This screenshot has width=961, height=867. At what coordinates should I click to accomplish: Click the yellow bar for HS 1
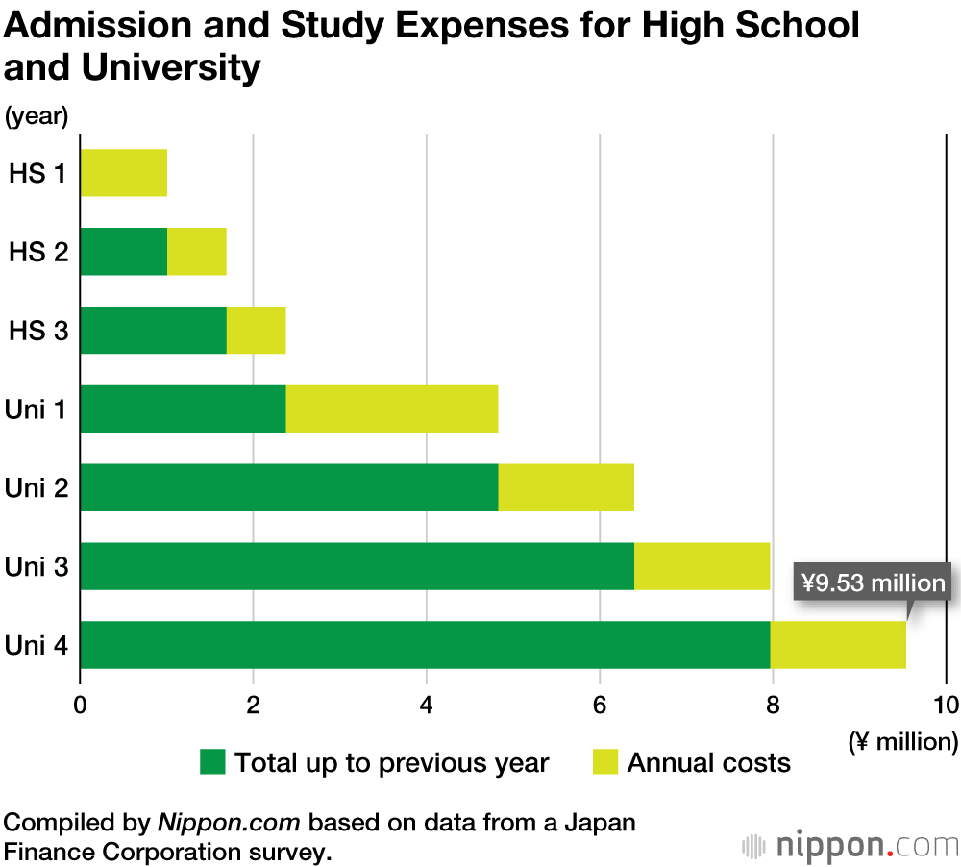point(123,173)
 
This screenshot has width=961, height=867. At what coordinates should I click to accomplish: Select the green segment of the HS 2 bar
point(123,252)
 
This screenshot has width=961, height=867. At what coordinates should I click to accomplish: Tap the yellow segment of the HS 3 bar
point(256,331)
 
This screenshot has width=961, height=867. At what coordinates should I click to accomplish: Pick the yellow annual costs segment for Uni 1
point(391,409)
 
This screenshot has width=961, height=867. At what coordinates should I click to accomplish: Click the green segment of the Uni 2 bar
point(288,488)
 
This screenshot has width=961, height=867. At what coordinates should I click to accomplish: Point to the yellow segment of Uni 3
point(702,567)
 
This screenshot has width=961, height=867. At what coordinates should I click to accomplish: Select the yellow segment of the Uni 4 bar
point(837,645)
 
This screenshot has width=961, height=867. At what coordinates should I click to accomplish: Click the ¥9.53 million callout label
point(873,582)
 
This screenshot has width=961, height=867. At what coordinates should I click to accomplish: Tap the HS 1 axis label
point(38,174)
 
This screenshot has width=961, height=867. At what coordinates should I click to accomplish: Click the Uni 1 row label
point(37,409)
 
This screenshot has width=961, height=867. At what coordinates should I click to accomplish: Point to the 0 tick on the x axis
point(80,705)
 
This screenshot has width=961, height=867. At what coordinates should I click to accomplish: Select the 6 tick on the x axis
point(600,705)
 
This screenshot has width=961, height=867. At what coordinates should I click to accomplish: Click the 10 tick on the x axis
point(946,705)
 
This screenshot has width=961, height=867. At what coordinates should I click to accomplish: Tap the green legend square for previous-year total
point(212,763)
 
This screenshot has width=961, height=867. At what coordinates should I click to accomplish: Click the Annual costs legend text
point(708,763)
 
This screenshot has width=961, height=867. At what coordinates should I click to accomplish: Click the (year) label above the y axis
point(37,116)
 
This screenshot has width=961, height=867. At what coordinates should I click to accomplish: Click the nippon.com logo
point(850,846)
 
